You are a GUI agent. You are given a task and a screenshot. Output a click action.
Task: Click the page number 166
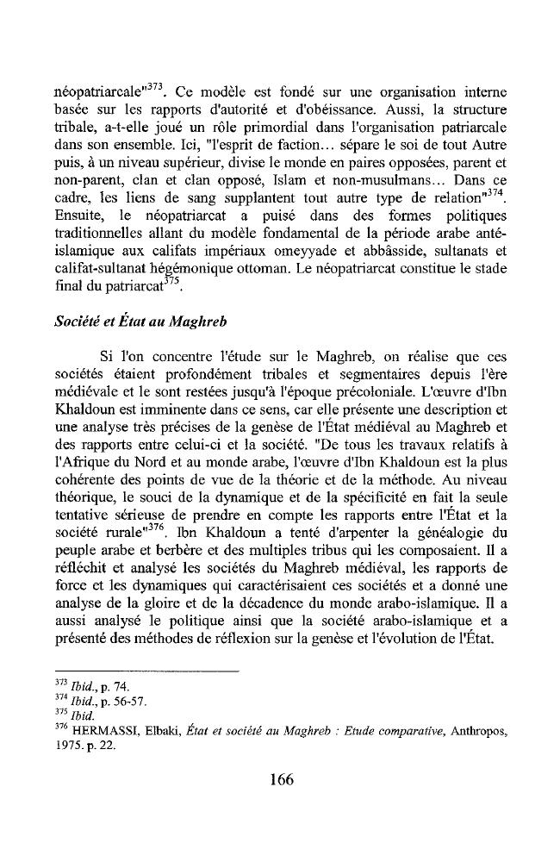tap(281, 781)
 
